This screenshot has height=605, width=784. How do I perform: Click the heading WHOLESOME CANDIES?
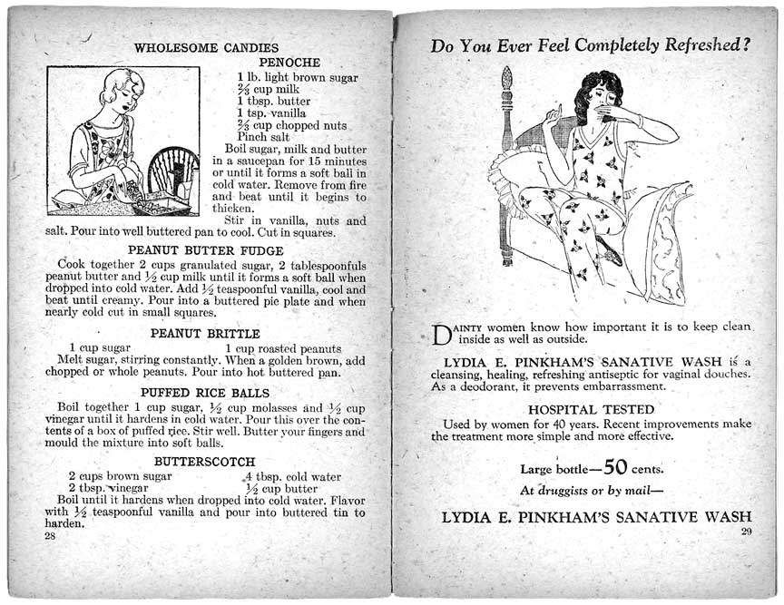click(x=206, y=48)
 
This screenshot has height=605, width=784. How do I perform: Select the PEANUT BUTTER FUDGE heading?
click(x=206, y=250)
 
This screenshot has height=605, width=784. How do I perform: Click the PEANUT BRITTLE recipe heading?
click(x=205, y=334)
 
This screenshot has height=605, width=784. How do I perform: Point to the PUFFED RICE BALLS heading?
click(x=206, y=393)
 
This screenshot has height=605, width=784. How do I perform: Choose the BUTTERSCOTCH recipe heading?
click(x=205, y=462)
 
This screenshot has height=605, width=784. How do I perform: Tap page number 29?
click(x=747, y=531)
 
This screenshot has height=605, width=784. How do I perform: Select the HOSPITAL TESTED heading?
click(x=591, y=409)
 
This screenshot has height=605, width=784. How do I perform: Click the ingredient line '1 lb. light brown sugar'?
click(x=298, y=77)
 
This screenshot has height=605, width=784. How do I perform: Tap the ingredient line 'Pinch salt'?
click(x=265, y=137)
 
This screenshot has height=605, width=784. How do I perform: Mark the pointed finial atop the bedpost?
click(x=507, y=78)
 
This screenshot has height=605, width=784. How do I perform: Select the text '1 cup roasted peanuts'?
click(x=283, y=348)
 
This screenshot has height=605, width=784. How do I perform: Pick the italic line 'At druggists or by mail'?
click(x=591, y=492)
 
